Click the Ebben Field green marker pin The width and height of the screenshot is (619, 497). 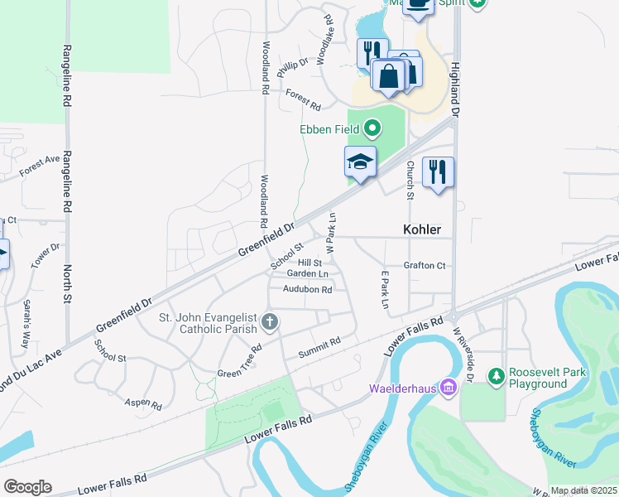click(x=372, y=128)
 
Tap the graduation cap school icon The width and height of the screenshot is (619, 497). click(x=360, y=162)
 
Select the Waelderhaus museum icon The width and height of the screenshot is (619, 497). click(x=448, y=387)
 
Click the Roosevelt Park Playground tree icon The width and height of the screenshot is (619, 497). click(x=496, y=378)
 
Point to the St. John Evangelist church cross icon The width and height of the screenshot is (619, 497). click(x=269, y=321)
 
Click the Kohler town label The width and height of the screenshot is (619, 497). click(x=421, y=229)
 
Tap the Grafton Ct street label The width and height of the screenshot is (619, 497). click(x=425, y=265)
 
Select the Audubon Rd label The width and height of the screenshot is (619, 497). click(x=307, y=289)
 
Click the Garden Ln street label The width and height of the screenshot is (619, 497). click(x=307, y=273)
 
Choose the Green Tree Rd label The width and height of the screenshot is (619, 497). click(x=239, y=361)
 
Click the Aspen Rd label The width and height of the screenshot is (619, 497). click(x=143, y=403)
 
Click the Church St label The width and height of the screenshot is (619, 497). click(x=410, y=180)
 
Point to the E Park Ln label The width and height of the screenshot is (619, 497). click(x=384, y=290)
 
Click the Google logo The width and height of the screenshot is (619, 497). click(x=27, y=487)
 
